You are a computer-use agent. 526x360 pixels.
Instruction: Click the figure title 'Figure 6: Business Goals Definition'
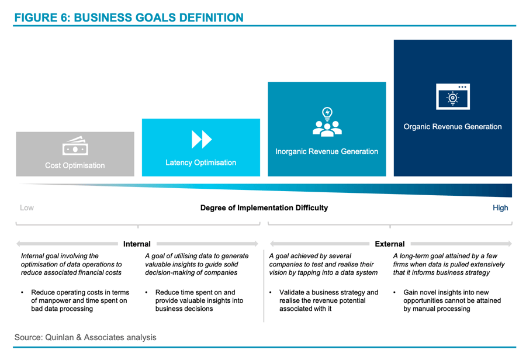click(129, 18)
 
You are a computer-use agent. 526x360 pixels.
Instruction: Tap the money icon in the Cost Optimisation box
click(75, 147)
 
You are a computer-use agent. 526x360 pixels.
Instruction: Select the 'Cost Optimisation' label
click(75, 165)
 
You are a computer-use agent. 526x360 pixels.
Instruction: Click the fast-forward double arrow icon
click(201, 139)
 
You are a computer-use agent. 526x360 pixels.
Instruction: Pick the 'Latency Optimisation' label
click(201, 162)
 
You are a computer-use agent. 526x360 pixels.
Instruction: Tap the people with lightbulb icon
click(327, 122)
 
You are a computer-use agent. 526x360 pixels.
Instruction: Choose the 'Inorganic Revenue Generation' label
click(327, 151)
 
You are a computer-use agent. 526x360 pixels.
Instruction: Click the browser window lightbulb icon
click(453, 97)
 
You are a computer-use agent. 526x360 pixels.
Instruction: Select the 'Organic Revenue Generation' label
click(453, 127)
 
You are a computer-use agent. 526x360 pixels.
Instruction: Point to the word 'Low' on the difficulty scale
click(27, 207)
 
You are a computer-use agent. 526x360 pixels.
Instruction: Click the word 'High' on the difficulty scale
click(500, 207)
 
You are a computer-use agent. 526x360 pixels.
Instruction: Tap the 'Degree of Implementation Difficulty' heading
click(264, 207)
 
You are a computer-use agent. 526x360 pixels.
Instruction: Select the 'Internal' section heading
click(137, 244)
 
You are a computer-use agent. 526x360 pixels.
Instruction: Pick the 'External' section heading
click(390, 244)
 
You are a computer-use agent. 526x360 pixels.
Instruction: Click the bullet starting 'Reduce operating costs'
click(79, 300)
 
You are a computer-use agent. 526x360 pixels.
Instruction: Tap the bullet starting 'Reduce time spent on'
click(199, 300)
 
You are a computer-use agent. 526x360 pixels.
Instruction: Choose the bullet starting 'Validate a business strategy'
click(327, 300)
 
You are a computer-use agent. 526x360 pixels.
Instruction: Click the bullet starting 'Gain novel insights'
click(451, 300)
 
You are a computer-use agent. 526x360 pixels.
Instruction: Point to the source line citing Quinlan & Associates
click(85, 337)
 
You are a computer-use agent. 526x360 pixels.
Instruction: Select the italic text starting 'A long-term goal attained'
click(449, 264)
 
